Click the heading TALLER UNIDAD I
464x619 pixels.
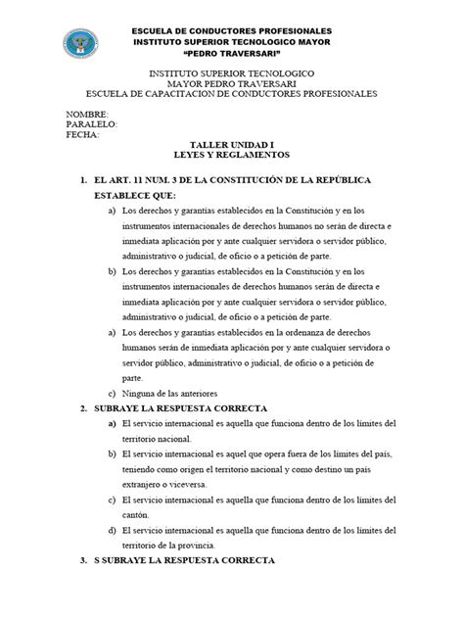232,144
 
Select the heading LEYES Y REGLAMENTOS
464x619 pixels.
232,155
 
